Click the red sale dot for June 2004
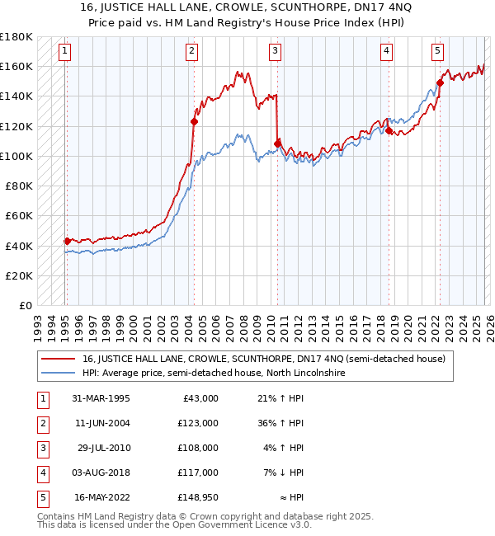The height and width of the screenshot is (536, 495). coord(195,121)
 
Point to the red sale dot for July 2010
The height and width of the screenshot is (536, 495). coord(278,143)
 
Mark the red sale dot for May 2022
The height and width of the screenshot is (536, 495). coord(440,82)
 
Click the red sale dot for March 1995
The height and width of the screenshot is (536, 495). coord(67,241)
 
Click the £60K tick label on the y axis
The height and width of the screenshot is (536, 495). coord(19,216)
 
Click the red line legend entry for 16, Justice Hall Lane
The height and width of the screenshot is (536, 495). coord(263,359)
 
